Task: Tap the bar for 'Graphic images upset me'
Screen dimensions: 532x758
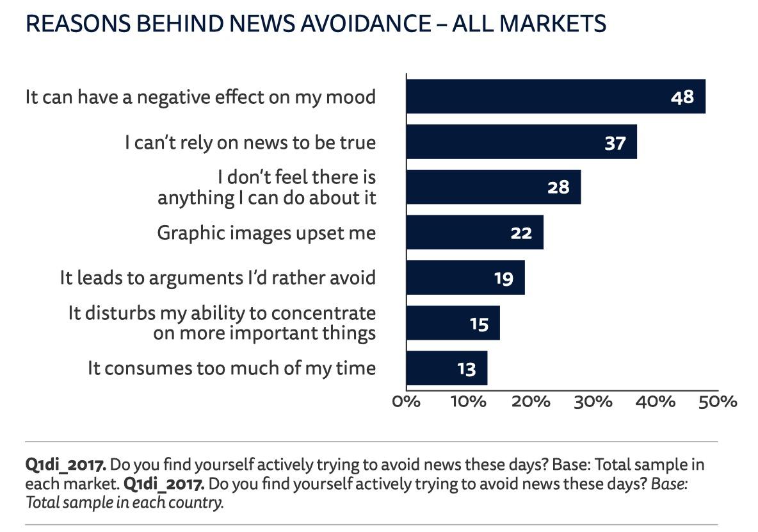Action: coord(474,232)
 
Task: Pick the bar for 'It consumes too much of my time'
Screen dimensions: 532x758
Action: coord(447,368)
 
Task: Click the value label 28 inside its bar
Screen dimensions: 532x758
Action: coord(558,187)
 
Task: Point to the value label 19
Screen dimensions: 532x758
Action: coord(504,278)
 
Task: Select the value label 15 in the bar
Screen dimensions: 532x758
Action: coord(479,323)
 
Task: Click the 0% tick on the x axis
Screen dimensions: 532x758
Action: coord(406,402)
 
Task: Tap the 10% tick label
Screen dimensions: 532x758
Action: coord(469,402)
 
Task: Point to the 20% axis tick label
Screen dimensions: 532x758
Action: coord(531,402)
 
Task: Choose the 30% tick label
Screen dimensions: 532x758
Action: coord(593,402)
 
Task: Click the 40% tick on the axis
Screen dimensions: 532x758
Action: coord(656,402)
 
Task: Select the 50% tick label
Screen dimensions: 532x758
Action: coord(718,402)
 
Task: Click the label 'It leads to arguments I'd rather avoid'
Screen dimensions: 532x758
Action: coord(218,278)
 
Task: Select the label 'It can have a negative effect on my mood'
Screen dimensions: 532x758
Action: coord(200,97)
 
